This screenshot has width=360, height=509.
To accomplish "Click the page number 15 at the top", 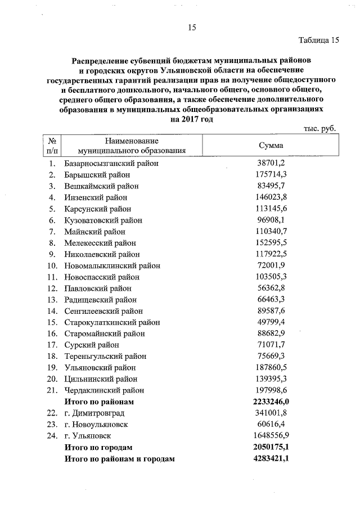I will [191, 28].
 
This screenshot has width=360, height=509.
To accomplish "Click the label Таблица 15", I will [318, 40].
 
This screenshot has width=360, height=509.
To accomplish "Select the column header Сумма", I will [271, 145].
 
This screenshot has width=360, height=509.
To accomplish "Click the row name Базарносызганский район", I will [111, 163].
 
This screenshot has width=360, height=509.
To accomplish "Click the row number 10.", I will [52, 265].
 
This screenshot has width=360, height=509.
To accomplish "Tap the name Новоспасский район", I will [101, 277].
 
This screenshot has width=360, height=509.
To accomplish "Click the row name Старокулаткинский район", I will [112, 322].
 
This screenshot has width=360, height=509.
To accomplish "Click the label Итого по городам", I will [98, 448].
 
